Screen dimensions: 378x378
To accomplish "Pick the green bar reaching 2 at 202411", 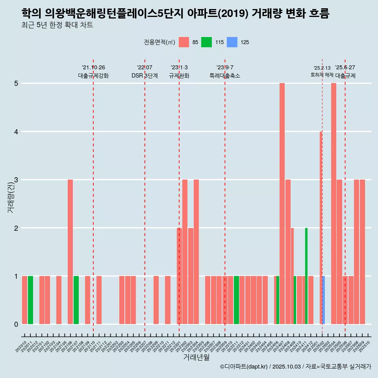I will coord(306,276).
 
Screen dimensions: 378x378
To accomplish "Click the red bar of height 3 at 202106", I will coord(70,252).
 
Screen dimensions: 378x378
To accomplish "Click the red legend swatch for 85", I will coord(184,42).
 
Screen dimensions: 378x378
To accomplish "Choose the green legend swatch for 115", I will coord(206,42).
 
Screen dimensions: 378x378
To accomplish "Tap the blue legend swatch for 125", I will coord(232,42).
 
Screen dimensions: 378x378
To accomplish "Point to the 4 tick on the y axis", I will coord(17,132).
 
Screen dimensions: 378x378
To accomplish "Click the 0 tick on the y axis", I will coord(17,324).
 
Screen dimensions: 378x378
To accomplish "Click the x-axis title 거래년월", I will coord(196,357).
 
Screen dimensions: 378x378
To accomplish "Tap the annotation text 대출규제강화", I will coord(93,76).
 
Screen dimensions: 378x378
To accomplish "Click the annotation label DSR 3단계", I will coord(145,76).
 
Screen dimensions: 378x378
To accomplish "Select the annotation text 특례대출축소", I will coord(225,76).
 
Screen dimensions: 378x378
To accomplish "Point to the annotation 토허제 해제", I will coord(322,75).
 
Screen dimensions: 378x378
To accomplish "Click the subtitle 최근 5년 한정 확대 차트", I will coord(57,25).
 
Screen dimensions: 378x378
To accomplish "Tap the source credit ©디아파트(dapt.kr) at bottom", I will coord(244,367).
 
